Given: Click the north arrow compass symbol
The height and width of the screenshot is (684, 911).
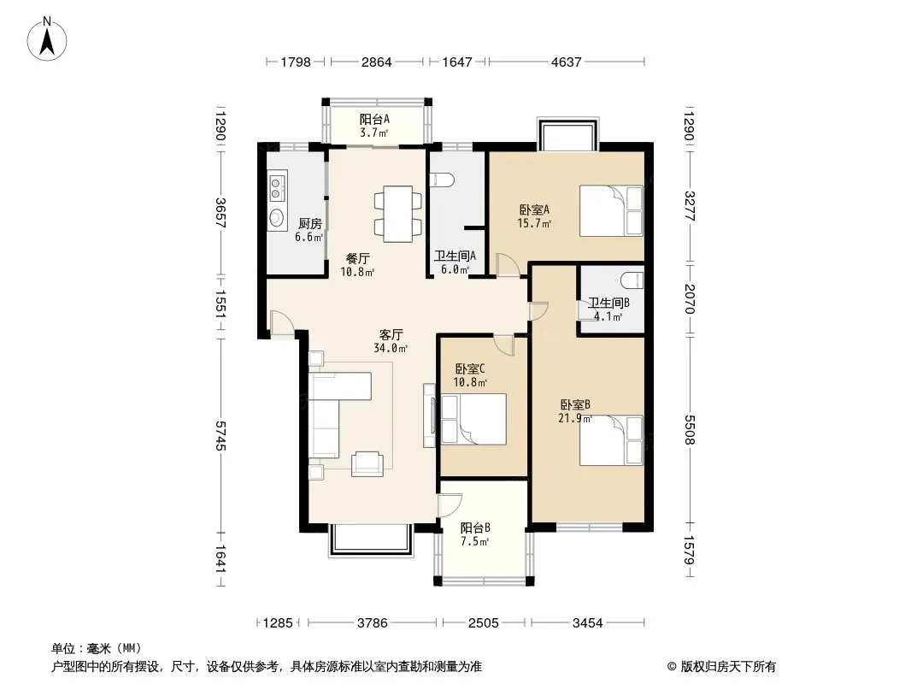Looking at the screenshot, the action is coord(47,38).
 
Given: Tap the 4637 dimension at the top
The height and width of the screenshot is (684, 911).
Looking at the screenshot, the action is coord(566,62).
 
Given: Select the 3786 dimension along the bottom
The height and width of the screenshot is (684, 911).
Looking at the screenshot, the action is coord(372,623).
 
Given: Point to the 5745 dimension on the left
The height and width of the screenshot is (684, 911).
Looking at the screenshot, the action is coord(220,435).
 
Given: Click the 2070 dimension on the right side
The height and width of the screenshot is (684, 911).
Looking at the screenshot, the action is coord(690,298).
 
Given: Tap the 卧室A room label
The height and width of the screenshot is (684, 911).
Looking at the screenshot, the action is coord(534,209).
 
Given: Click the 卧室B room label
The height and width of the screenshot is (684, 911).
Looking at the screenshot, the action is coord(575,404).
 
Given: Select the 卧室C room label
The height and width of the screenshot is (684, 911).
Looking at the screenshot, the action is coord(470,369).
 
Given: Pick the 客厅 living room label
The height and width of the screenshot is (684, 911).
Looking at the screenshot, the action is coord(391,335).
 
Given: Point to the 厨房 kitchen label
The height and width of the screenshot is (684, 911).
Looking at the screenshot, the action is coord(309,223).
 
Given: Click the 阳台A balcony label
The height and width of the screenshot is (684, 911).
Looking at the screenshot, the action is coord(374,119).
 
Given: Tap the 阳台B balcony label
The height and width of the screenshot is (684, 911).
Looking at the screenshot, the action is coord(475,528).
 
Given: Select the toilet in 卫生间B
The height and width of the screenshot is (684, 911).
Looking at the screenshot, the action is coord(632,280).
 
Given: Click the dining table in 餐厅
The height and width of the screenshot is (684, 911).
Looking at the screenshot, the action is coord(398,213).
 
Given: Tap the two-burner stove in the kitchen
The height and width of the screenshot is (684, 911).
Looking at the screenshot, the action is coord(277,186).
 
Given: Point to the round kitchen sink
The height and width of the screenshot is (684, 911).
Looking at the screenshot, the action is coord(277,218).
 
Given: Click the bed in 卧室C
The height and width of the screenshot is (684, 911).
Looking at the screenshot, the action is coord(473,419).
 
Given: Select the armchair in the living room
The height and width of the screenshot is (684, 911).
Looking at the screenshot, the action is coord(367,463).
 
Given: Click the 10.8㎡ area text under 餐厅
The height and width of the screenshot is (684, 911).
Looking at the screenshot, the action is coord(357,271).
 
